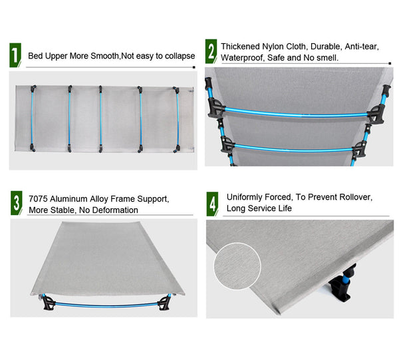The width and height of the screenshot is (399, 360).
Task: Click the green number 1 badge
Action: click(14, 55)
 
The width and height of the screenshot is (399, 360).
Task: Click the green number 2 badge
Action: click(211, 51)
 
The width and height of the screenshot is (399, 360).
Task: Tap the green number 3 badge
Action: click(16, 203)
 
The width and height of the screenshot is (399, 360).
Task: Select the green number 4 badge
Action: click(212, 204)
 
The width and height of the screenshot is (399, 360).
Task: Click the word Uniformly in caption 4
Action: click(249, 197)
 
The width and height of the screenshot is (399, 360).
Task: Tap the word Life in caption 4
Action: click(284, 209)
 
